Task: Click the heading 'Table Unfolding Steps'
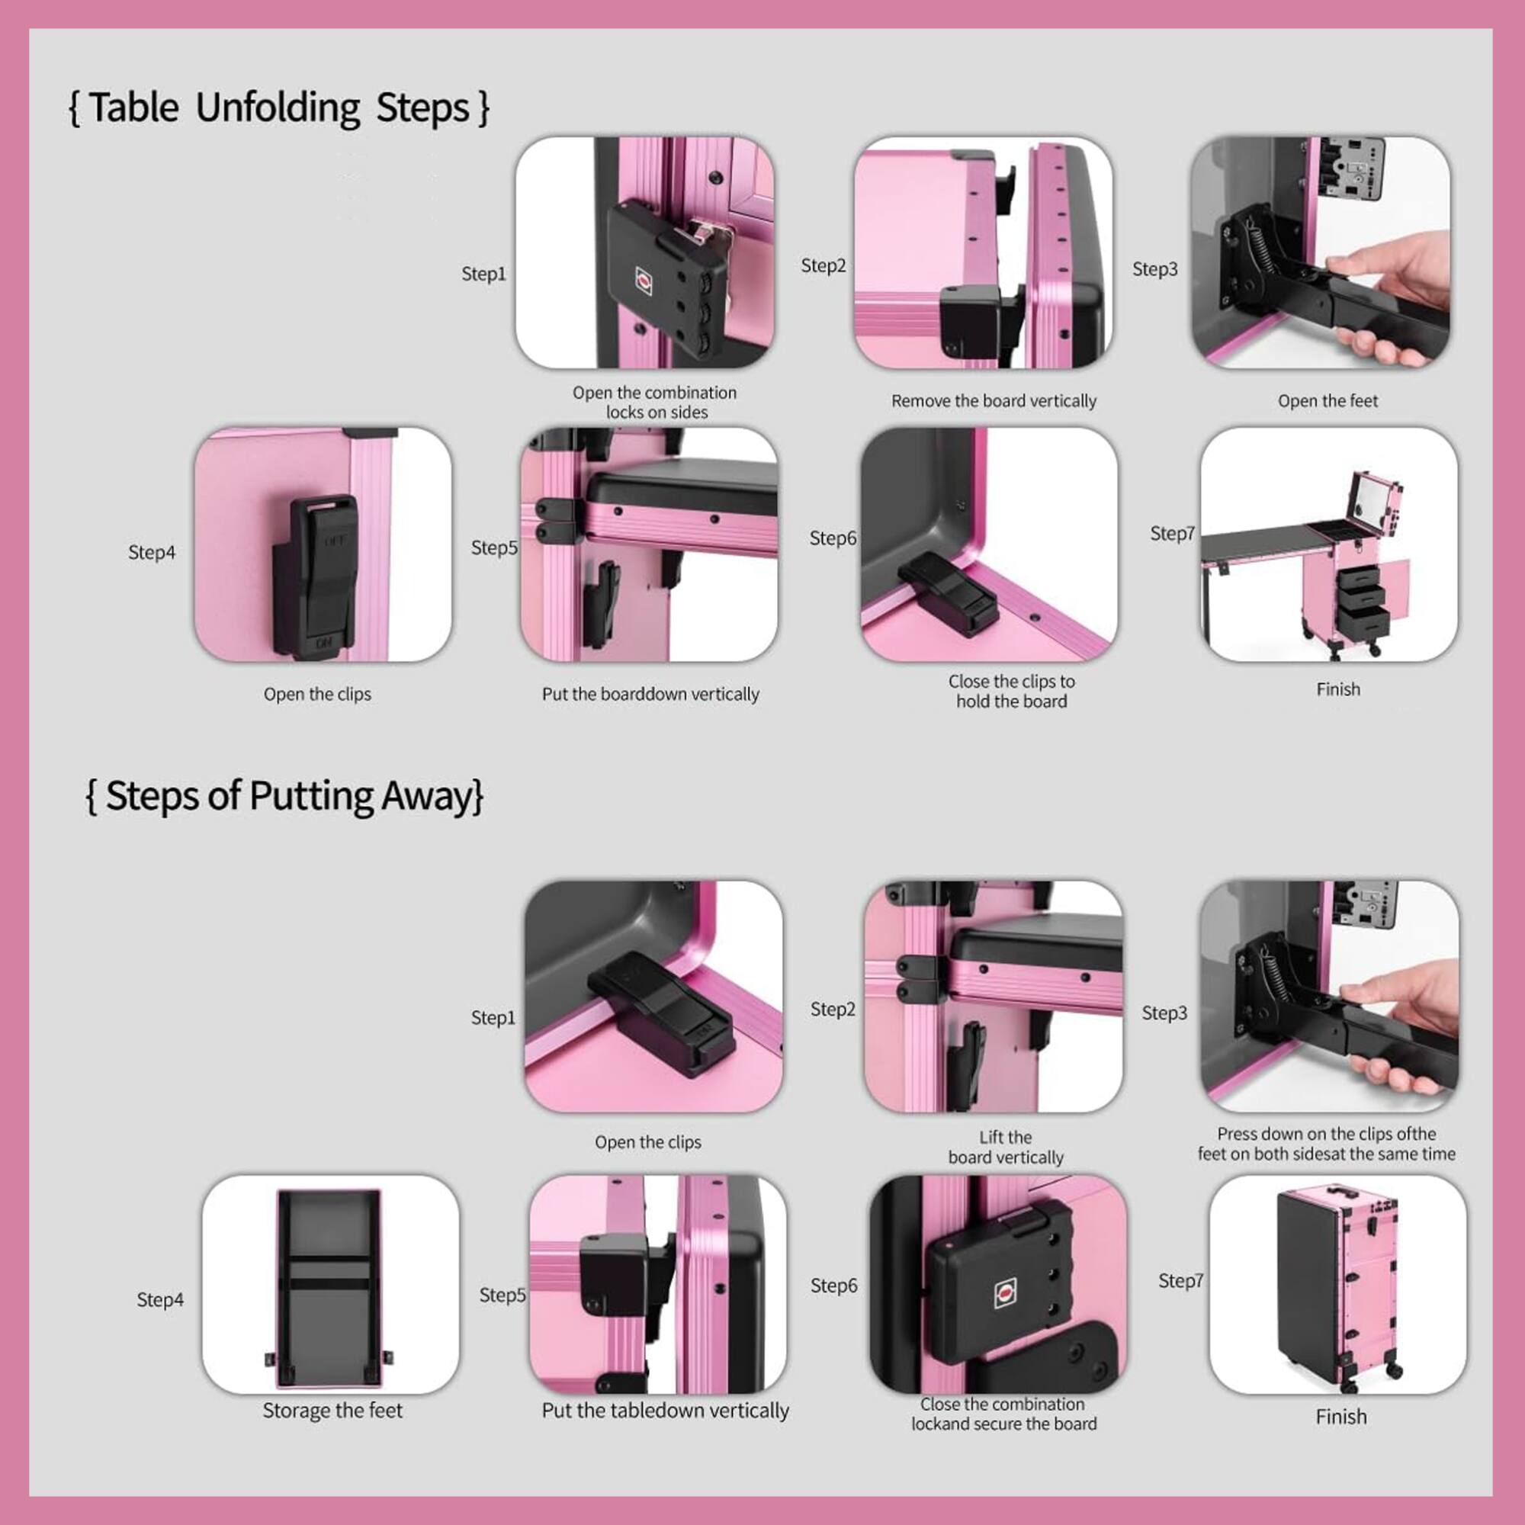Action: click(279, 108)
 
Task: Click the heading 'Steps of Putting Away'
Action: click(284, 795)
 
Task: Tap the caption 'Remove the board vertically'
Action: click(994, 401)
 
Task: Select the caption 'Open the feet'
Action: click(1328, 401)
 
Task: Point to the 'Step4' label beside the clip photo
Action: click(152, 553)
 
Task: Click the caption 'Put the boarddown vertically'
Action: click(650, 695)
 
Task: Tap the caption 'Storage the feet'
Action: click(332, 1411)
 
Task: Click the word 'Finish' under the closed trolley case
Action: click(1341, 1417)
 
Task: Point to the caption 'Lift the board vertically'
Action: click(1006, 1147)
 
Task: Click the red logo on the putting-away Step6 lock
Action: click(1006, 1292)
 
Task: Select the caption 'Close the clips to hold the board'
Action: click(1011, 692)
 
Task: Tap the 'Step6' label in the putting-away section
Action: click(833, 1286)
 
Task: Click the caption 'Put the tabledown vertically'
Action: click(665, 1411)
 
